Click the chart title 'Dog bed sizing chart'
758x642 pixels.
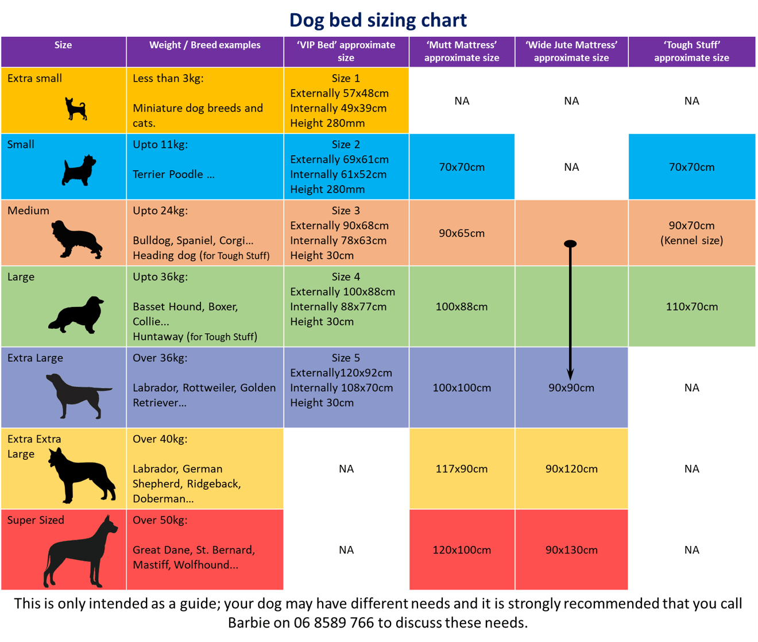click(x=378, y=20)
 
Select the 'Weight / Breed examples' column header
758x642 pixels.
click(x=204, y=45)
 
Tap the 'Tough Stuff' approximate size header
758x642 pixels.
click(x=691, y=51)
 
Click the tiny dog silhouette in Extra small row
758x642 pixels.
click(x=75, y=109)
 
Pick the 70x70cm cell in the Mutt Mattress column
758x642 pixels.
click(x=462, y=167)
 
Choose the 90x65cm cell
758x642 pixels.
click(x=462, y=233)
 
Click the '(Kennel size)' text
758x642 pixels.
click(x=691, y=241)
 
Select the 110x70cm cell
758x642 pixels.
click(x=691, y=307)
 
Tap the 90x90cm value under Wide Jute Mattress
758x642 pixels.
click(x=571, y=388)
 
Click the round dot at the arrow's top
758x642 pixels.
click(x=570, y=244)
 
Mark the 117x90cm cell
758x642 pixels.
click(x=462, y=469)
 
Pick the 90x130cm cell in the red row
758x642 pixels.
click(x=571, y=550)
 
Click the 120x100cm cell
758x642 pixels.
click(x=462, y=550)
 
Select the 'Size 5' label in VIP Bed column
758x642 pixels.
click(x=346, y=358)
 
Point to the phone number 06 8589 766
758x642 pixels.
click(x=334, y=622)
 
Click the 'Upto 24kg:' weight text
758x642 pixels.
click(x=160, y=211)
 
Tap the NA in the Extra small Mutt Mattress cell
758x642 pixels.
click(x=462, y=101)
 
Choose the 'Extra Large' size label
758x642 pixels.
click(x=35, y=358)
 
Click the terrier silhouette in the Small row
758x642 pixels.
click(x=79, y=170)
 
